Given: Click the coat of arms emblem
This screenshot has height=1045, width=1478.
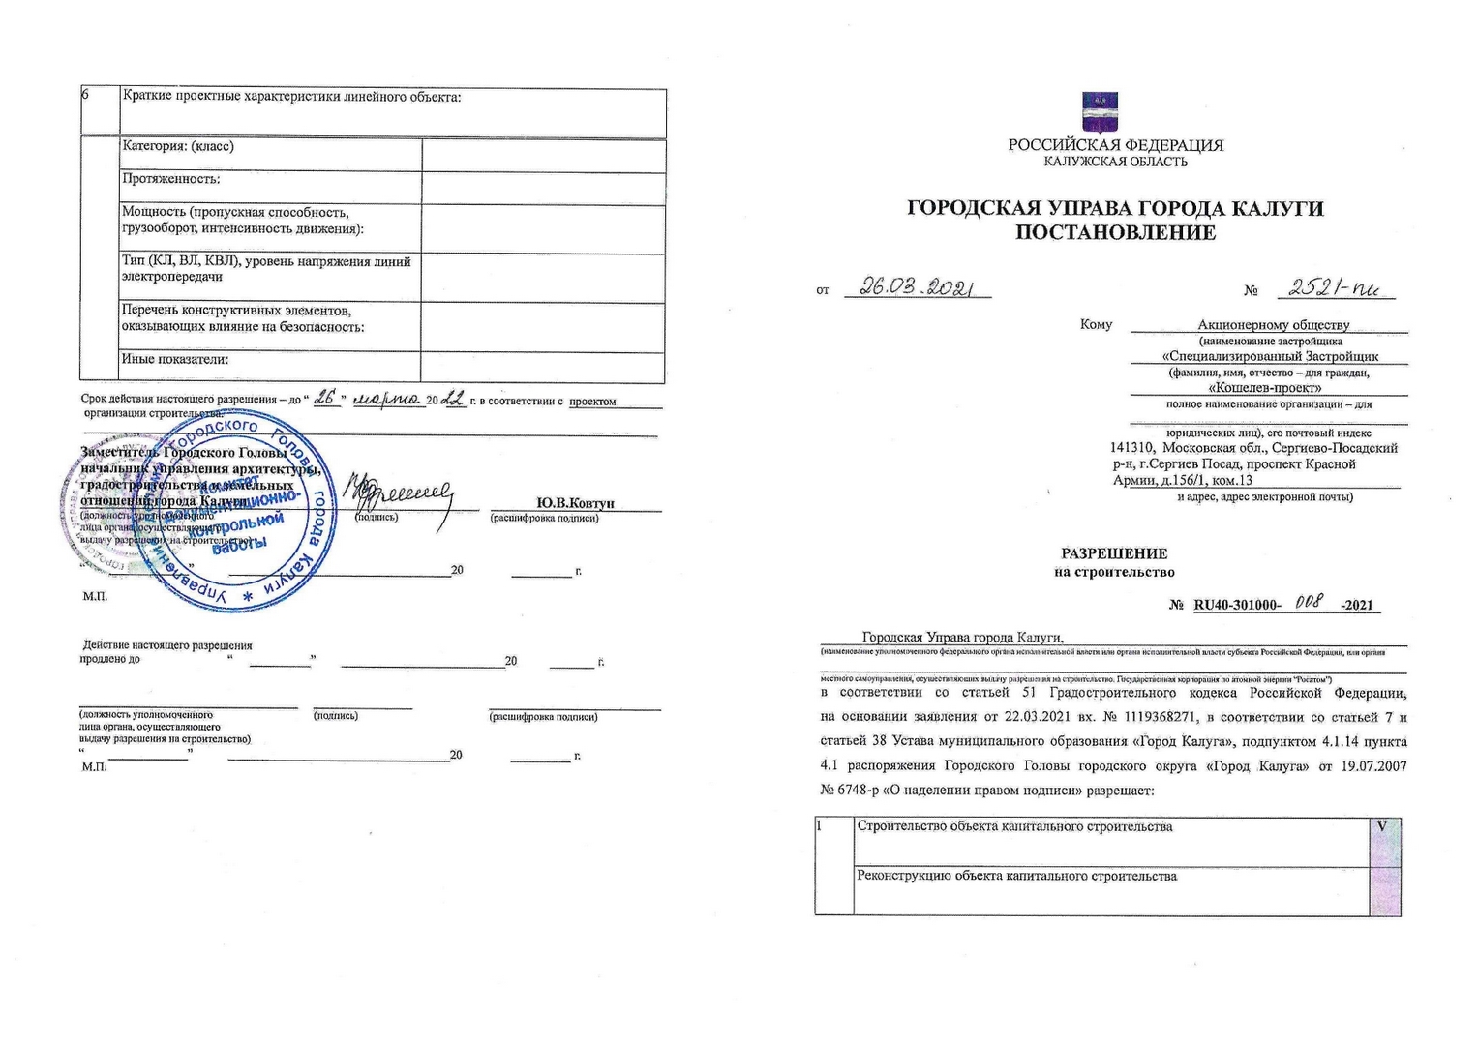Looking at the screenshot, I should pyautogui.click(x=1099, y=112).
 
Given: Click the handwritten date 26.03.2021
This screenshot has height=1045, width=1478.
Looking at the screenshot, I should pyautogui.click(x=916, y=287).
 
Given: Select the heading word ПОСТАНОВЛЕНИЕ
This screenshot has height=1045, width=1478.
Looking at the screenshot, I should pyautogui.click(x=1115, y=233).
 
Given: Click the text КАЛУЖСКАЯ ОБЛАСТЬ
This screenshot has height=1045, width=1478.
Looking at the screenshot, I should pyautogui.click(x=1115, y=162).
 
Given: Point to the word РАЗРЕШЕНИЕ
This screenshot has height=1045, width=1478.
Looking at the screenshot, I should pyautogui.click(x=1114, y=554).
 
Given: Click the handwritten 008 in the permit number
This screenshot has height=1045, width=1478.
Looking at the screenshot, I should pyautogui.click(x=1309, y=602).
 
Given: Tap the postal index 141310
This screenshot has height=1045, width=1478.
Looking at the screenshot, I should pyautogui.click(x=1131, y=448).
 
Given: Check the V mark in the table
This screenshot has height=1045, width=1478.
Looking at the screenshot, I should pyautogui.click(x=1382, y=827).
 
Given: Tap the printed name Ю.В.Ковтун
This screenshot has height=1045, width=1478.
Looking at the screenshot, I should pyautogui.click(x=575, y=503).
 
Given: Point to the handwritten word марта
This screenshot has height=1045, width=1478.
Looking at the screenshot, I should pyautogui.click(x=385, y=400).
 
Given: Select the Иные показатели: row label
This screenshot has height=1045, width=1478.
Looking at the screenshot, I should pyautogui.click(x=175, y=359).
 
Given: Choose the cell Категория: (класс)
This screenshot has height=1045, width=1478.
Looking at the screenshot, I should pyautogui.click(x=178, y=146).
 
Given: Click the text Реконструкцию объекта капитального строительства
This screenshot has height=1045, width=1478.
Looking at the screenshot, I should pyautogui.click(x=1016, y=877).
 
